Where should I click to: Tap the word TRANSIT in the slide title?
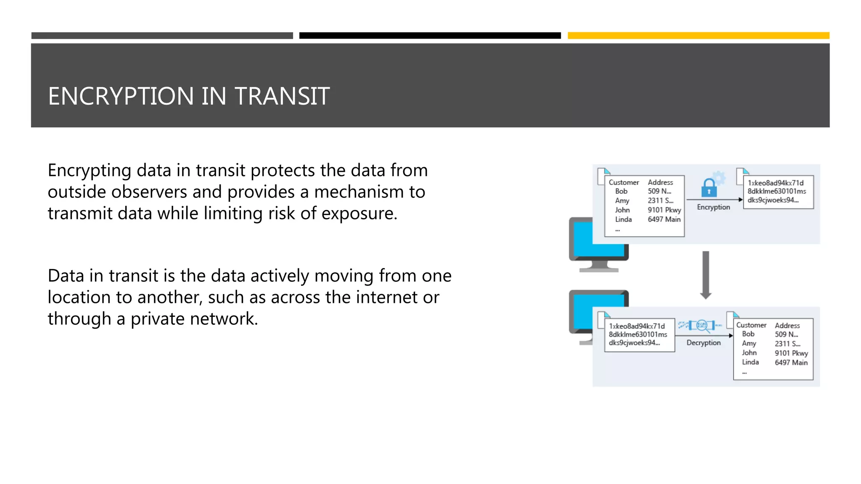pyautogui.click(x=282, y=96)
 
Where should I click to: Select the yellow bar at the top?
pyautogui.click(x=698, y=36)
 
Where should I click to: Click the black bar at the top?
pyautogui.click(x=430, y=36)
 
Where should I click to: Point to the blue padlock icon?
pyautogui.click(x=709, y=188)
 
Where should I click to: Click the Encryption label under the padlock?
pyautogui.click(x=713, y=207)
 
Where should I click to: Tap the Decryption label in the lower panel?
pyautogui.click(x=703, y=343)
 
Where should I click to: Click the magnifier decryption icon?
pyautogui.click(x=702, y=325)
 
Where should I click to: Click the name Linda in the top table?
pyautogui.click(x=623, y=219)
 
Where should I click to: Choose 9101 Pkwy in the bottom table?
pyautogui.click(x=791, y=353)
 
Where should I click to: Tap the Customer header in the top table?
pyautogui.click(x=623, y=182)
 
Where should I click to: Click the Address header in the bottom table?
pyautogui.click(x=787, y=326)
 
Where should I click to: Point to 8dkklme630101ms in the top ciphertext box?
pyautogui.click(x=776, y=192)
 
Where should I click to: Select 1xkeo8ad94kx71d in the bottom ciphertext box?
pyautogui.click(x=637, y=326)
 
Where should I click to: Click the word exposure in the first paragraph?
pyautogui.click(x=359, y=213)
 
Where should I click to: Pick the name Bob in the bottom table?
pyautogui.click(x=748, y=334)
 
